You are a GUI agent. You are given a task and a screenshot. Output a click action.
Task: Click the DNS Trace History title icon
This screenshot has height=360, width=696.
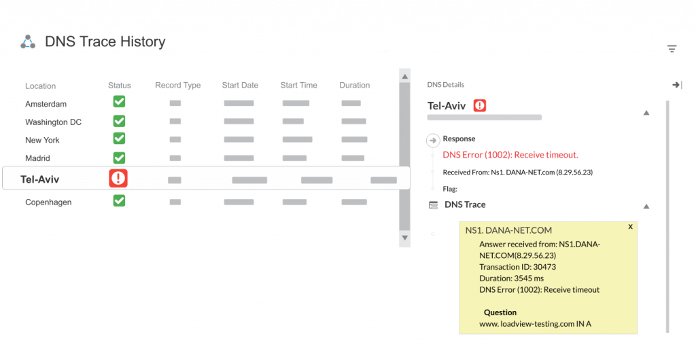[x=27, y=42]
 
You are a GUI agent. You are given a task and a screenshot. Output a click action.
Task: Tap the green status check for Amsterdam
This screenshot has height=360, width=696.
[x=119, y=102]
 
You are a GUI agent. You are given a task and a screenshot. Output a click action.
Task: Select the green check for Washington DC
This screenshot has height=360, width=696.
[x=119, y=121]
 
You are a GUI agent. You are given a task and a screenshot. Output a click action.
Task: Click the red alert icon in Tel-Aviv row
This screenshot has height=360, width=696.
[x=118, y=179]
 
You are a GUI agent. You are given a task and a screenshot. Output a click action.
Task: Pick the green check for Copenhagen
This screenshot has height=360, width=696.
[x=119, y=201]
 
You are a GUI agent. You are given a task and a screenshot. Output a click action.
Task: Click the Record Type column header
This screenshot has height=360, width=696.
[x=177, y=86]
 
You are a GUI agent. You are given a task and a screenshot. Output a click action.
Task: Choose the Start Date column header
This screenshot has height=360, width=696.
[x=240, y=86]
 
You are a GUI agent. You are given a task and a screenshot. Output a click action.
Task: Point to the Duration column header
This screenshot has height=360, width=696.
[x=355, y=86]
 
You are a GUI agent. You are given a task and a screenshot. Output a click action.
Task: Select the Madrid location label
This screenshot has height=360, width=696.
[x=38, y=158]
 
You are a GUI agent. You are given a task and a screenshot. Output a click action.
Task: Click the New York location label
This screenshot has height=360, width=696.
[x=42, y=140]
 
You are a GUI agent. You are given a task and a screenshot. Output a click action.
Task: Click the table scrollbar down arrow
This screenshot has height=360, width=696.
[x=404, y=238]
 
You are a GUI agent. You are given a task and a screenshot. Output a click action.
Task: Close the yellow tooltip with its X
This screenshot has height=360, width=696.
[x=630, y=227]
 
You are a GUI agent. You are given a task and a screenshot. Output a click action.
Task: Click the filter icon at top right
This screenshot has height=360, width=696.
[x=672, y=49]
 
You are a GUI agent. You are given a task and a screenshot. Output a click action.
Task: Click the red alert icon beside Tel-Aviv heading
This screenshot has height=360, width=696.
[x=480, y=106]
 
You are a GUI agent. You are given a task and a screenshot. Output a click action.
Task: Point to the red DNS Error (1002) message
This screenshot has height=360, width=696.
[x=510, y=155]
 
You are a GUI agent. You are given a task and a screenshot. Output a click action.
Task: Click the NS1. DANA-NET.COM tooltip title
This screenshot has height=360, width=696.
[x=508, y=230]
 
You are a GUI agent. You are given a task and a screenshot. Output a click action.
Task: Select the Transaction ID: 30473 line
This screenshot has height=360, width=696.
[x=517, y=267]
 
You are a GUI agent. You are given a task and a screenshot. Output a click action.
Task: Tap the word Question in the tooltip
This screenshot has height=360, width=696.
[x=500, y=312]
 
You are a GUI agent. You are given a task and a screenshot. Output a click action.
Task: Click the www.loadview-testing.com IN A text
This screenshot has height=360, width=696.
[x=535, y=324]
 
